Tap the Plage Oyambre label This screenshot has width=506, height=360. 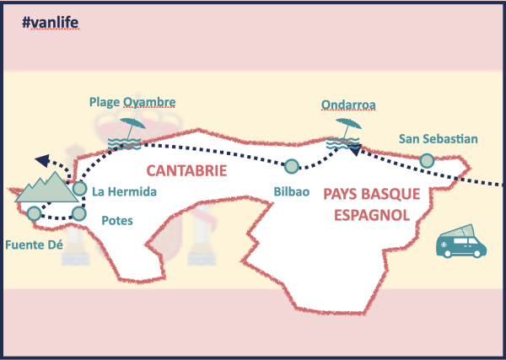pos(132,102)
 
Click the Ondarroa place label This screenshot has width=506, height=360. pos(348,105)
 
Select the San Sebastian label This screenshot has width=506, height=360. pos(439,139)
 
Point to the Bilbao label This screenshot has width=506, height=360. pos(292,191)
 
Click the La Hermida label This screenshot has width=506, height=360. pos(125,191)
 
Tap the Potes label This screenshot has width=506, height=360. pos(116,221)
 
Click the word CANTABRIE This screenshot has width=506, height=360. pos(186,170)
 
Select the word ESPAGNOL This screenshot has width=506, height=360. pos(372,215)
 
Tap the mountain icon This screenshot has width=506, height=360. pos(46,188)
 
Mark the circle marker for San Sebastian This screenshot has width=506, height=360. pos(427,160)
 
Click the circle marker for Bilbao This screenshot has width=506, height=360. pos(292,166)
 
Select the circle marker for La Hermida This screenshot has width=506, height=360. pos(79,188)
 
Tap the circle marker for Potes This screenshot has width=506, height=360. pos(78,213)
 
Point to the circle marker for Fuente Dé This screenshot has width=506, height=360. pos(33,213)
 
